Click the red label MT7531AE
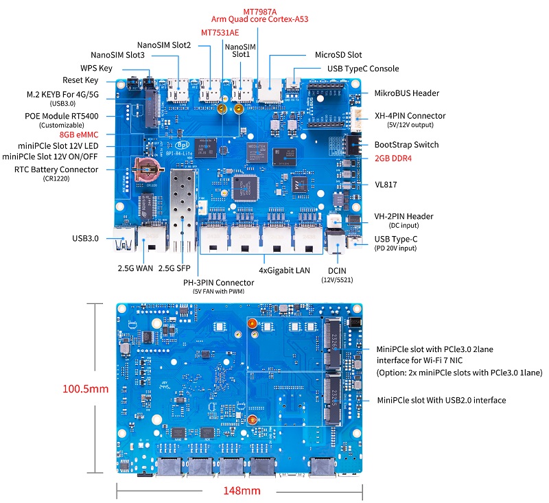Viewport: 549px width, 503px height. (x=220, y=32)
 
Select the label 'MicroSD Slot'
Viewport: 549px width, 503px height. (x=338, y=54)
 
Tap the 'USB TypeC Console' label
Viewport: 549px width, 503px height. (x=362, y=69)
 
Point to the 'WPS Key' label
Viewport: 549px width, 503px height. (x=96, y=68)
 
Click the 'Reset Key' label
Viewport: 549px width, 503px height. (x=80, y=80)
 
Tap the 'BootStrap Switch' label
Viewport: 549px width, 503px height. (x=406, y=145)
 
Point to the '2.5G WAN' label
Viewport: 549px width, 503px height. (x=135, y=268)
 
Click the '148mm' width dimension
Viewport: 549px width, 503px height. (x=241, y=491)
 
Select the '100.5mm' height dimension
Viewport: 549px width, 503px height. (x=86, y=388)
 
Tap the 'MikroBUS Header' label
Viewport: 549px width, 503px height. (x=406, y=93)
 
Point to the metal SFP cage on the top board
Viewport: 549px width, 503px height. (x=183, y=199)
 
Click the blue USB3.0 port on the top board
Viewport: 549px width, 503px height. (x=126, y=240)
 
